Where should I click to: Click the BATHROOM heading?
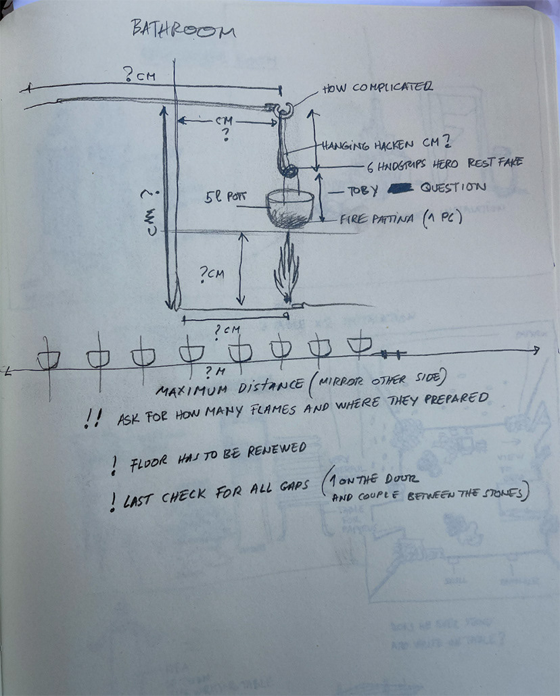[183, 30]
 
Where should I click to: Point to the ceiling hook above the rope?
[283, 107]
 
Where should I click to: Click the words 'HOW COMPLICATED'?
[377, 87]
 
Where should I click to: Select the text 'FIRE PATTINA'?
[378, 218]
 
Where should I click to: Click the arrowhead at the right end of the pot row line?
[535, 350]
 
